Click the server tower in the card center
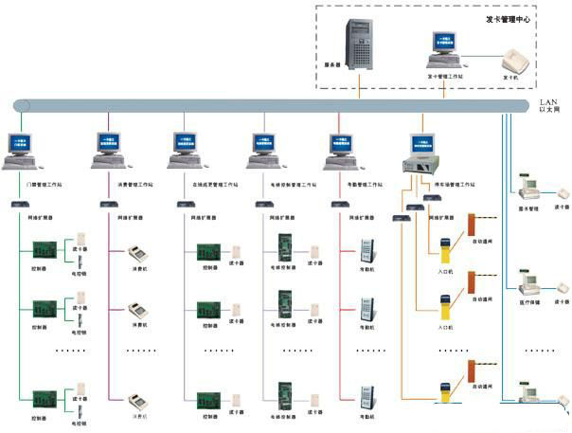(x=362, y=49)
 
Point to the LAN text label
(x=546, y=99)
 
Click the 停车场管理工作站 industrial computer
(x=420, y=152)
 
